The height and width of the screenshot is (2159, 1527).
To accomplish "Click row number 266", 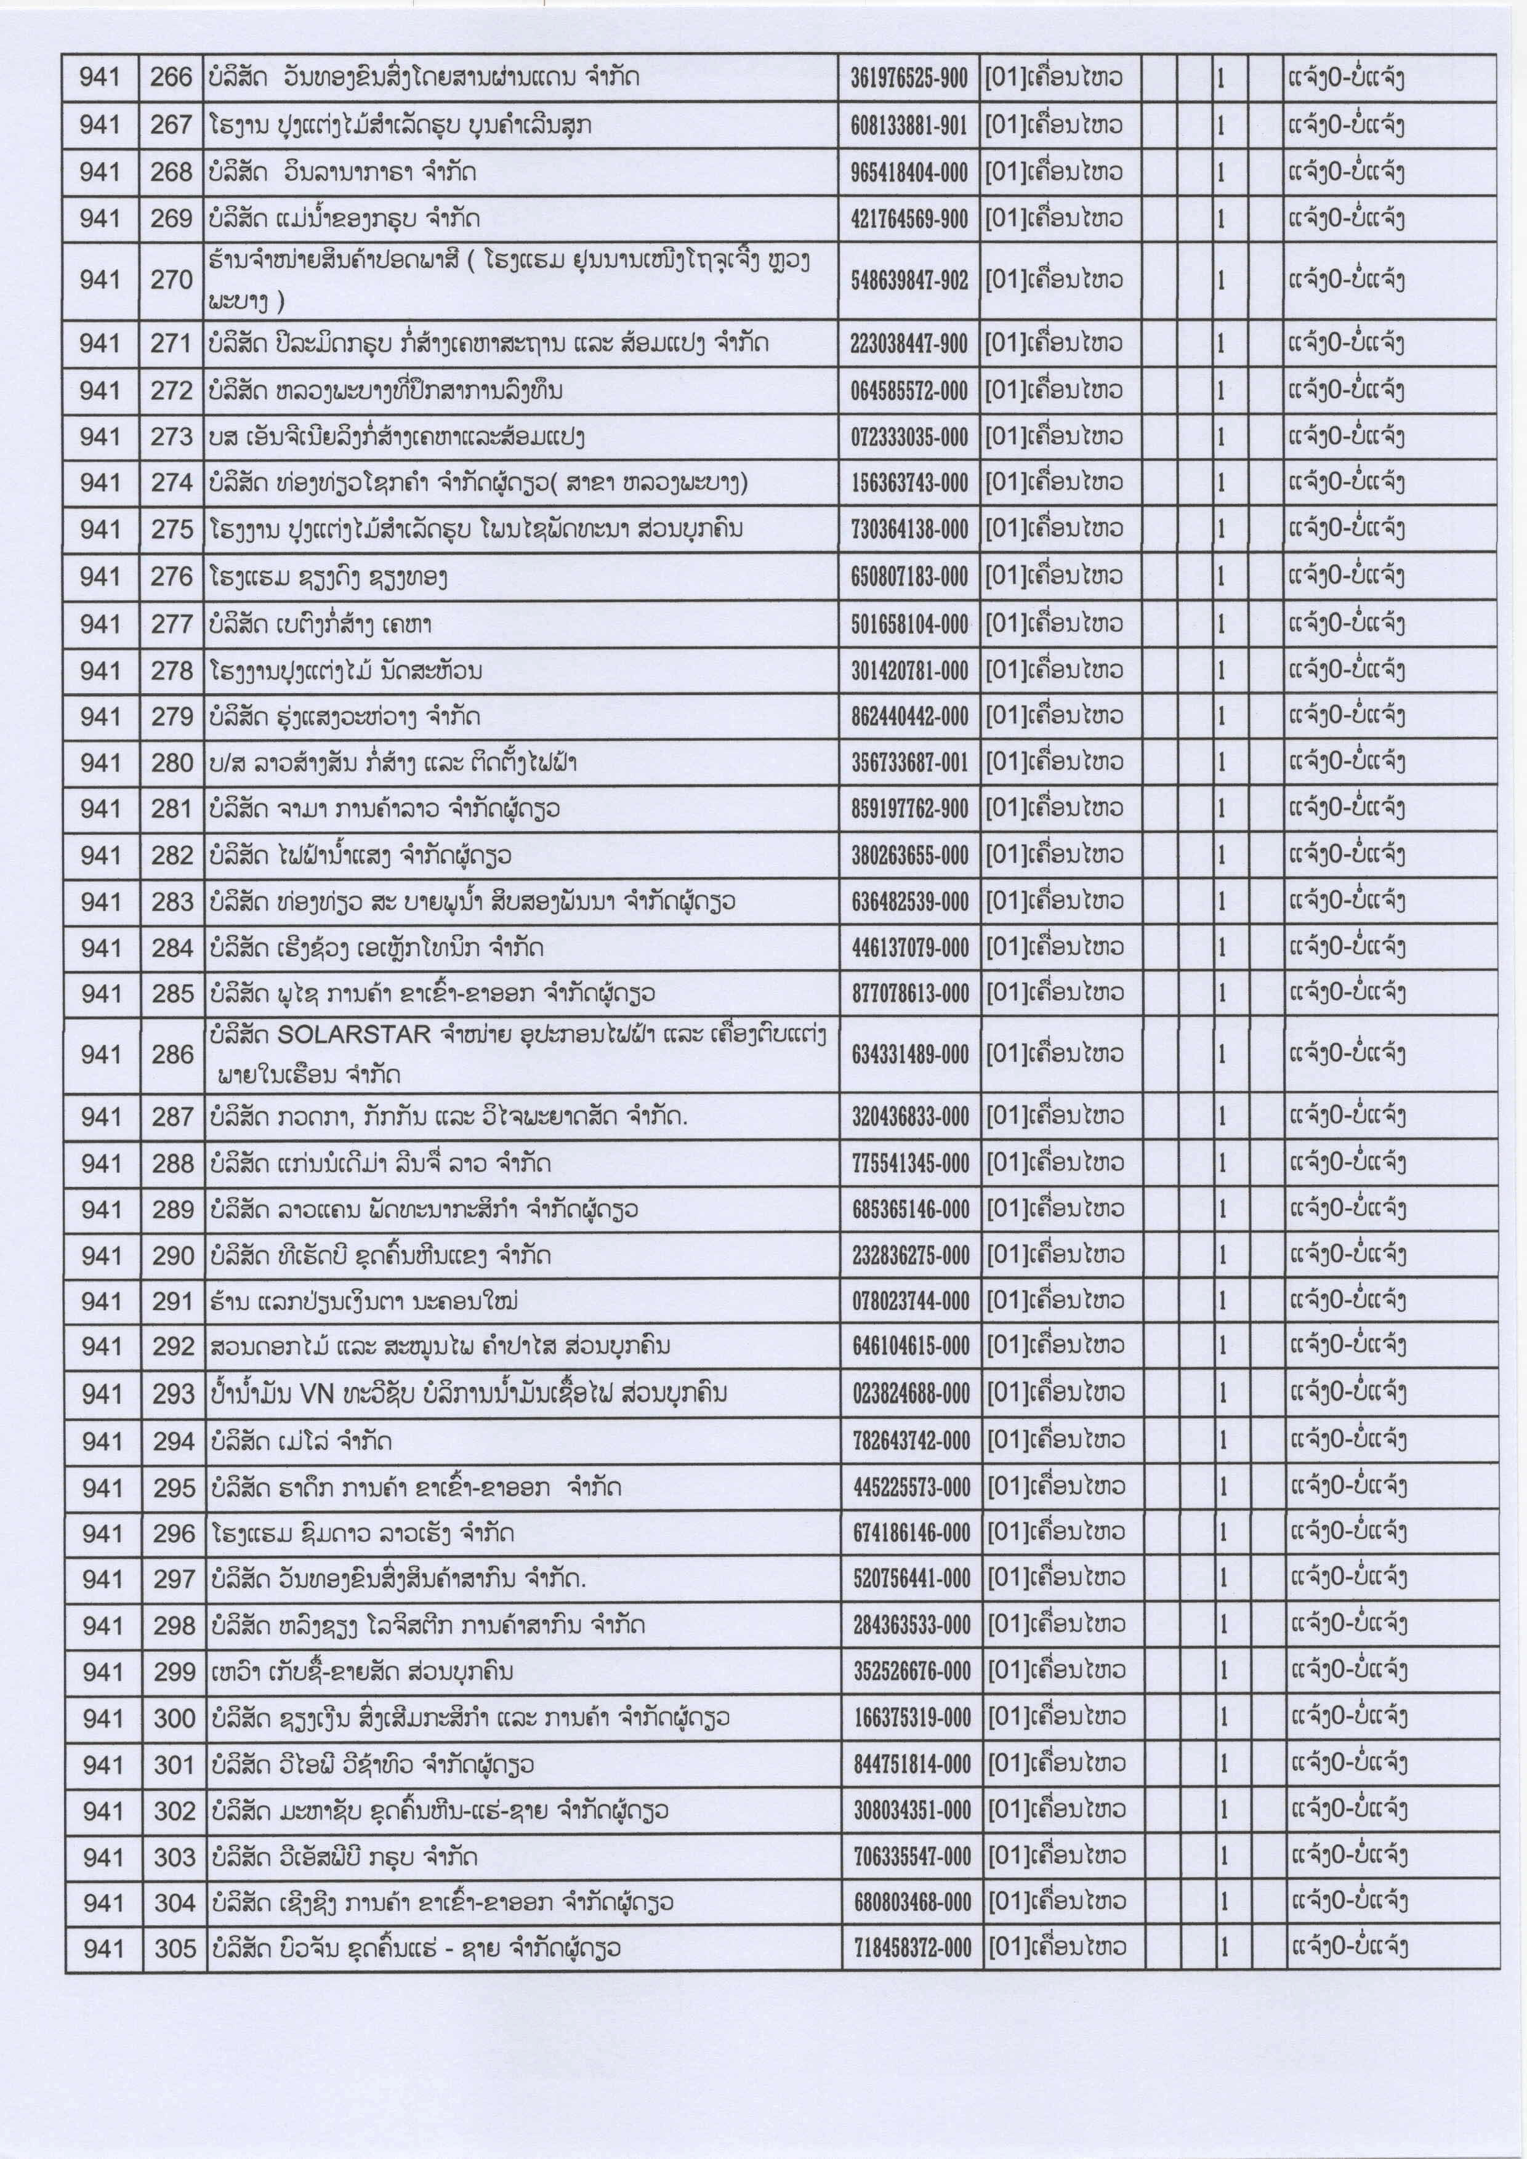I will point(171,77).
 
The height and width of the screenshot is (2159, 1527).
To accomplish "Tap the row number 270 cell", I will point(171,279).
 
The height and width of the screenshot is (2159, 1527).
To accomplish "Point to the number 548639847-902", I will point(908,280).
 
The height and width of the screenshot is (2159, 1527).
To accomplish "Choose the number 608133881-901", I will point(908,125).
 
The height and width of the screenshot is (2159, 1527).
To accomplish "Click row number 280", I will point(172,763).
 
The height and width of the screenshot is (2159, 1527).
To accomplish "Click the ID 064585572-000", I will point(908,390).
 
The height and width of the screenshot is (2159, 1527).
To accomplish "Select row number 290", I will point(173,1255).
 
